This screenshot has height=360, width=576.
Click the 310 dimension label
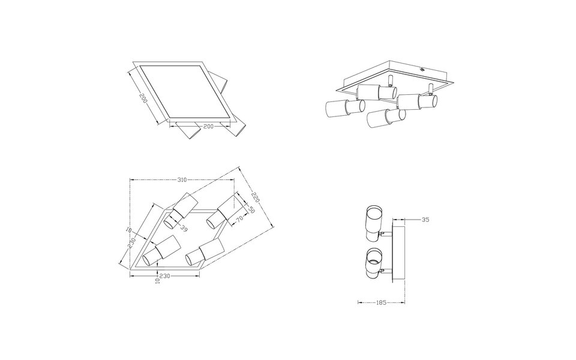[x=183, y=179]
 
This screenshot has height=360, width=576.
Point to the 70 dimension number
[x=238, y=221]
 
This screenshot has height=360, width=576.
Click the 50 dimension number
[x=251, y=210]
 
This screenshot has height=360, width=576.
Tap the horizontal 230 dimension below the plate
[x=166, y=277]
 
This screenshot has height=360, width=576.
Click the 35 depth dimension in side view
[x=425, y=220]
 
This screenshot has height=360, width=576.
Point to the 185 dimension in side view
[x=380, y=304]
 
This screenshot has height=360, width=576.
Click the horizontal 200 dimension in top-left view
[x=208, y=127]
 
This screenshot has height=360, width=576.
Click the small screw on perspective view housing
[x=424, y=68]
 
